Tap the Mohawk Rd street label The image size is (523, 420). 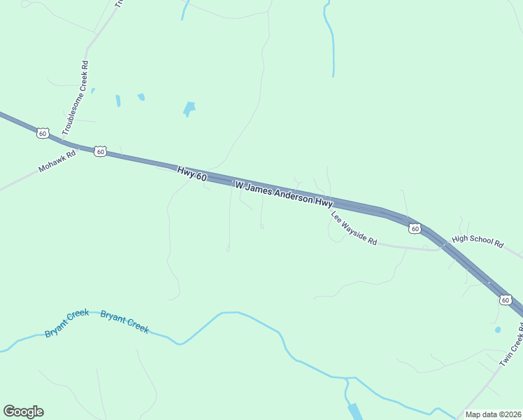pos(57,162)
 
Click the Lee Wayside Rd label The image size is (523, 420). pos(354,228)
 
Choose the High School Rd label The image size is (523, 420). pos(478,241)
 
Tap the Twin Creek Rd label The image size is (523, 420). pos(511,347)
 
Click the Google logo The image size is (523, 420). pos(23,412)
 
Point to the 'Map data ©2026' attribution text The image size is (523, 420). pos(493,414)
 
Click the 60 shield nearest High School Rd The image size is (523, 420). pos(415,228)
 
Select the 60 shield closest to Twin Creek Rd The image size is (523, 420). pos(505,300)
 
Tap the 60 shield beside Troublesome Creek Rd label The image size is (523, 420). pos(43,133)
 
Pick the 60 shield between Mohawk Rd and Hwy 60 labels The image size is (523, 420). pos(101,151)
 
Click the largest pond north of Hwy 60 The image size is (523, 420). pos(189,108)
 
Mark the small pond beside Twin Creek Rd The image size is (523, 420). pos(497,329)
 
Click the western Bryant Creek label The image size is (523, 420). pos(66,323)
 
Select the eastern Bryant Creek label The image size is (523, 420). pos(124,321)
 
